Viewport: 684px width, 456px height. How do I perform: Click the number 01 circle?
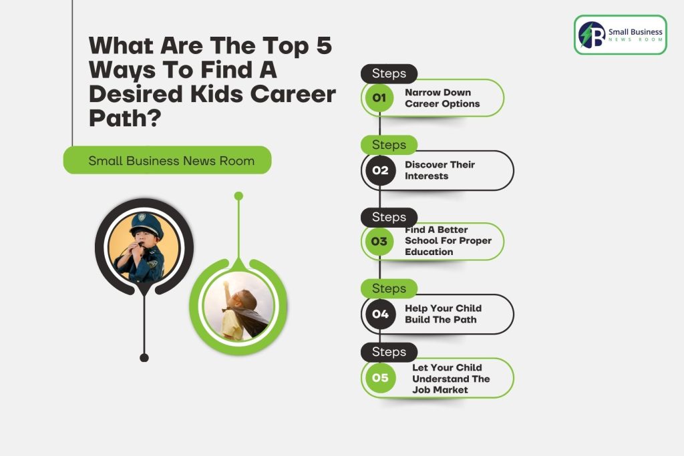(x=379, y=97)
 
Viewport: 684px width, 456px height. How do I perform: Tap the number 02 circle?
(x=380, y=170)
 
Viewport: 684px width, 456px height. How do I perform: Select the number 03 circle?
(x=379, y=241)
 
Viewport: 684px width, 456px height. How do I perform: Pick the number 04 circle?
(x=380, y=314)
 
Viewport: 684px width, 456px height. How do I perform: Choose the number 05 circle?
(x=380, y=377)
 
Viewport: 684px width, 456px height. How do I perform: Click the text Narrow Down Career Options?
(x=442, y=98)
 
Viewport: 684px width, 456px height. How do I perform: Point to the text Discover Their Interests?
(x=440, y=170)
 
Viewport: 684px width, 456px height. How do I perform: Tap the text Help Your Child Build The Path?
(x=444, y=314)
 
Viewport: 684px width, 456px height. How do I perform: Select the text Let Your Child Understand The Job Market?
(x=451, y=379)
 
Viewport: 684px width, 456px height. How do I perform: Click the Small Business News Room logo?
(x=621, y=35)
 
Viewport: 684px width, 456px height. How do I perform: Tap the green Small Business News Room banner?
(x=168, y=160)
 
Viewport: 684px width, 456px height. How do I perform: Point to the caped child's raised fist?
(x=226, y=284)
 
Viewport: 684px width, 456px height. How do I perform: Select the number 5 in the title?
(x=324, y=45)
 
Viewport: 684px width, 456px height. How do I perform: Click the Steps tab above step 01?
(x=389, y=73)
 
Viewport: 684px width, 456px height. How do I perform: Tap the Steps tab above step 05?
(x=389, y=352)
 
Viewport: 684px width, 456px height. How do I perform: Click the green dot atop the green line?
(x=238, y=196)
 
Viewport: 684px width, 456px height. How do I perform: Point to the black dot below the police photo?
(x=144, y=357)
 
